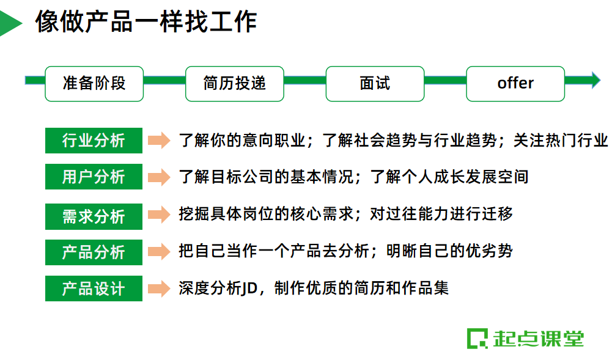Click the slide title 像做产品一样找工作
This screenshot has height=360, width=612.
[146, 22]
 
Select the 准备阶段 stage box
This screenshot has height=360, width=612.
[94, 84]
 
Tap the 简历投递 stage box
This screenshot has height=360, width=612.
[235, 84]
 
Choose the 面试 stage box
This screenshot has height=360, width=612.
[375, 84]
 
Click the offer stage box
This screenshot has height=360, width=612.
[515, 84]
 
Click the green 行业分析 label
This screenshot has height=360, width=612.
[94, 141]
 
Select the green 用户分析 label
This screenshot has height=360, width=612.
[94, 177]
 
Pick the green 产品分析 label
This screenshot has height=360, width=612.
[94, 252]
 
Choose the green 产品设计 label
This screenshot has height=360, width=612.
[94, 288]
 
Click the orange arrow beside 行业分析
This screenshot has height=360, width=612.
[159, 141]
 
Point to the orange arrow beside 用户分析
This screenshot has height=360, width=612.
[159, 177]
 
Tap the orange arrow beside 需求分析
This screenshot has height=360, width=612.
[159, 215]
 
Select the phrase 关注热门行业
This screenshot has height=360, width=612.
[561, 141]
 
